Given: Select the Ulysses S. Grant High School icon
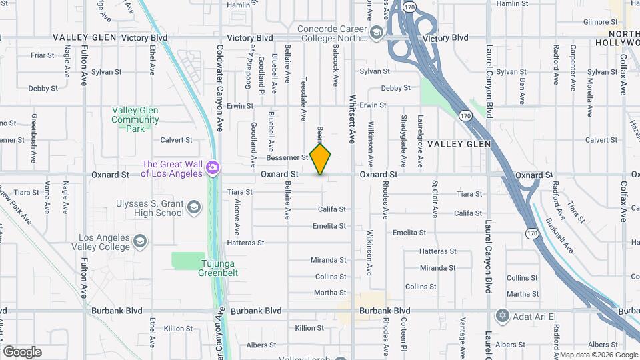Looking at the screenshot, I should [x=194, y=206].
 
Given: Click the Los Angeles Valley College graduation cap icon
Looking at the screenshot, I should [x=140, y=241].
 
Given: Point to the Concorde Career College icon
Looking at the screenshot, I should [x=377, y=32].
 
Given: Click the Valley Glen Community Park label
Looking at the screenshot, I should [x=135, y=115].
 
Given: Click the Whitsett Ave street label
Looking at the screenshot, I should [x=353, y=119].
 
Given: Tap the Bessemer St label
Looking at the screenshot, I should [x=287, y=158].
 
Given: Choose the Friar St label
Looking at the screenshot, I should [x=42, y=55].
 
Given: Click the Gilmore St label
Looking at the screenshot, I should [x=597, y=22].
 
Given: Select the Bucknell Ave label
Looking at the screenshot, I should [x=559, y=235].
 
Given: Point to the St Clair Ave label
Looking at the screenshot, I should [x=435, y=198].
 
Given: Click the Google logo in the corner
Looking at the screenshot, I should [x=21, y=352].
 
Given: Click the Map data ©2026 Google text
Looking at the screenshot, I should [x=598, y=355].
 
